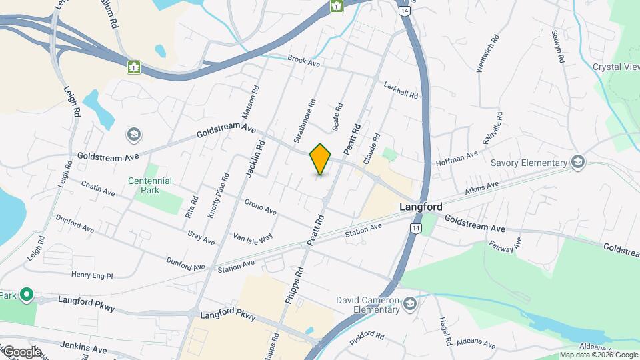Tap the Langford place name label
[421, 207]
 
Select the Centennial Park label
[151, 185]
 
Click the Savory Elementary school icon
[577, 163]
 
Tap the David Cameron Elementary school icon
[409, 305]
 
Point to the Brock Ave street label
[305, 61]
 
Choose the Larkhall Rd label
[401, 90]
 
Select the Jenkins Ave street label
[83, 349]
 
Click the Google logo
[22, 351]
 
